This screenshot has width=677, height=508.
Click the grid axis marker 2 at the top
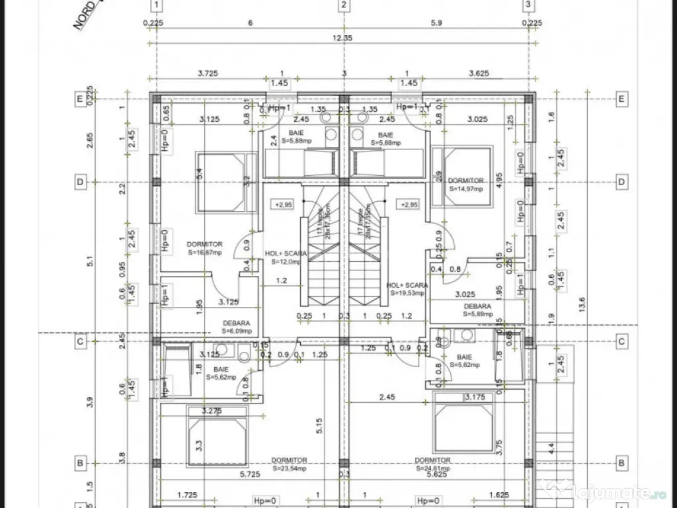(x=343, y=6)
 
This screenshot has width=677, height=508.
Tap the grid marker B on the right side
(x=621, y=463)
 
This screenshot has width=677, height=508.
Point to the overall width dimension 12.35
(x=343, y=38)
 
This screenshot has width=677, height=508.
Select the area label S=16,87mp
(x=204, y=252)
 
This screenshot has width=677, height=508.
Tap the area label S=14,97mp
(x=466, y=189)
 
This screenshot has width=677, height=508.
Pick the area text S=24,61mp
(x=433, y=468)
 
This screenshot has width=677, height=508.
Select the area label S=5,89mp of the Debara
(x=477, y=314)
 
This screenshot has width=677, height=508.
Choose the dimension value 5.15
(x=319, y=426)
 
